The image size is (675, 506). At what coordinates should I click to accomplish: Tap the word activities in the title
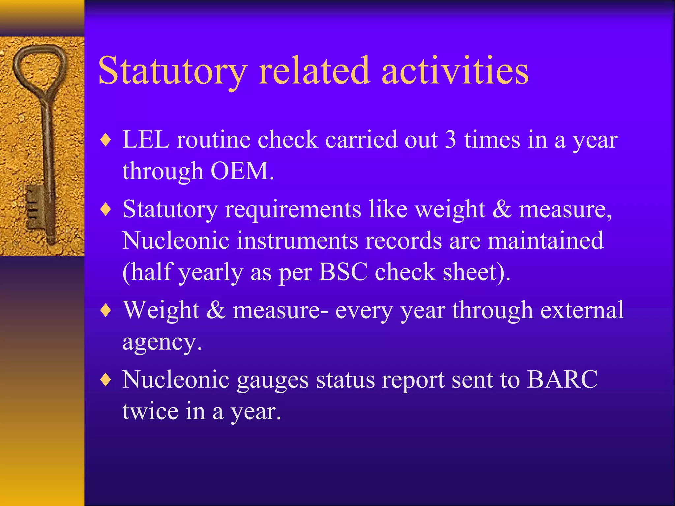point(455,71)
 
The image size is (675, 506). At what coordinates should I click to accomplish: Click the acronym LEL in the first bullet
point(146,140)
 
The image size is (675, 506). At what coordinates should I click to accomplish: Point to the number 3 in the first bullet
point(451,140)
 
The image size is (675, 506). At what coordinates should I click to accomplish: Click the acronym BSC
point(343,272)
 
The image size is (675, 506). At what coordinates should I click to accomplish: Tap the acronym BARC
point(562,379)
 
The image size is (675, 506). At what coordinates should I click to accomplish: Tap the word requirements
point(293,210)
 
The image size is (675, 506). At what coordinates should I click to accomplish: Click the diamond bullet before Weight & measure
point(106,310)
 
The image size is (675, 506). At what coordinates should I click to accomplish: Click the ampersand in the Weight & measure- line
point(216,310)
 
